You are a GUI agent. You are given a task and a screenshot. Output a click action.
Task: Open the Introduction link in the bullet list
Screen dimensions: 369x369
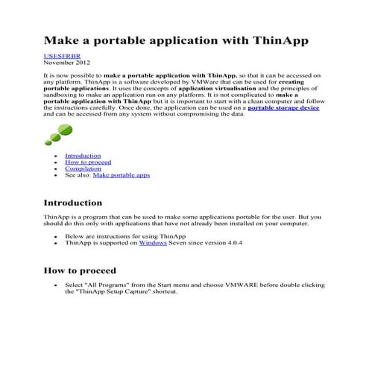[x=83, y=156]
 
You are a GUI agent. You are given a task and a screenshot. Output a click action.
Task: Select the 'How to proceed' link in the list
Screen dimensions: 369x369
[x=88, y=163]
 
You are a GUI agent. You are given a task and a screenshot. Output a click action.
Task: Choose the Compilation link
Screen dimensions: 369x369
[x=83, y=169]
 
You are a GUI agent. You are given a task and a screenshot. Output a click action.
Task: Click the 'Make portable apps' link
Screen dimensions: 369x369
[x=121, y=176]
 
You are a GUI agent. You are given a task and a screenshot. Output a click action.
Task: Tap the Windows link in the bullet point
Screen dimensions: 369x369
[x=152, y=243]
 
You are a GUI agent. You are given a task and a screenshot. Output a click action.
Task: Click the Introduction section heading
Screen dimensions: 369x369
[x=73, y=203]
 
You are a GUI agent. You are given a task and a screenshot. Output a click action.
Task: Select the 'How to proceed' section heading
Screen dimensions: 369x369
[x=80, y=271]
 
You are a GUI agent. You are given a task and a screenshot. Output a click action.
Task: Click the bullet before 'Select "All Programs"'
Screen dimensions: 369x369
[x=56, y=286]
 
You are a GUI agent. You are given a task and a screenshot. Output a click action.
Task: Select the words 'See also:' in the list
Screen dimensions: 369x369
[x=78, y=176]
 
